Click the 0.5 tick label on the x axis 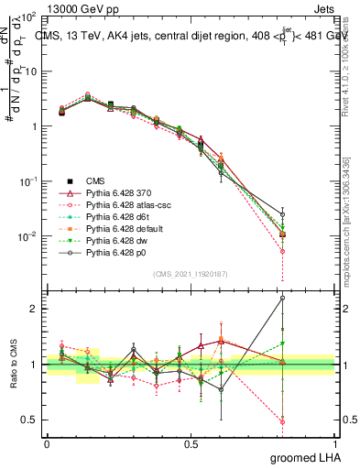[x=191, y=442]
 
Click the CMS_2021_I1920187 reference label [x=191, y=273]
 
